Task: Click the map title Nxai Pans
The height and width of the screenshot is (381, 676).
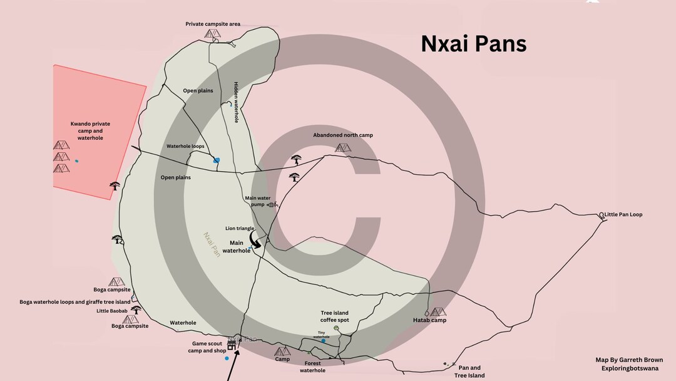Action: click(x=473, y=44)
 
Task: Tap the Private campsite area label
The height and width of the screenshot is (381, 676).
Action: click(x=213, y=24)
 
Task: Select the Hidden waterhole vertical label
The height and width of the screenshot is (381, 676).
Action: click(x=236, y=102)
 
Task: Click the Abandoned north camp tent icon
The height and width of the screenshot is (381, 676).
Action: click(x=343, y=148)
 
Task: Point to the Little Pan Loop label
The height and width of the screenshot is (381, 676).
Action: click(x=623, y=214)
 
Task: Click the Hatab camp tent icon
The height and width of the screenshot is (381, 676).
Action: click(x=438, y=311)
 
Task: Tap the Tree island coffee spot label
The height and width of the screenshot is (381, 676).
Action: click(x=334, y=316)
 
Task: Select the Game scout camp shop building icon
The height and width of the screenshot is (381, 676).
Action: click(x=232, y=343)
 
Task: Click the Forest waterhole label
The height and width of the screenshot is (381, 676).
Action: click(x=312, y=367)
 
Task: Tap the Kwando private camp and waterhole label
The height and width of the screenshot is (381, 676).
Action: click(x=90, y=131)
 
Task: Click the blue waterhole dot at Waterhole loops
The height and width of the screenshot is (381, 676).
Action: click(x=217, y=160)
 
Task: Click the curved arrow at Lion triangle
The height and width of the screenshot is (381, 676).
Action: click(x=255, y=241)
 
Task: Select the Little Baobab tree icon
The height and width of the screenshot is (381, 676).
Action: click(x=136, y=310)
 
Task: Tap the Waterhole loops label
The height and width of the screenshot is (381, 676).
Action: click(x=185, y=147)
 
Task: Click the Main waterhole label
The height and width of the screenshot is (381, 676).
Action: click(x=237, y=247)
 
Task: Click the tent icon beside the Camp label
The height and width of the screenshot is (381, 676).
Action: click(x=282, y=351)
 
